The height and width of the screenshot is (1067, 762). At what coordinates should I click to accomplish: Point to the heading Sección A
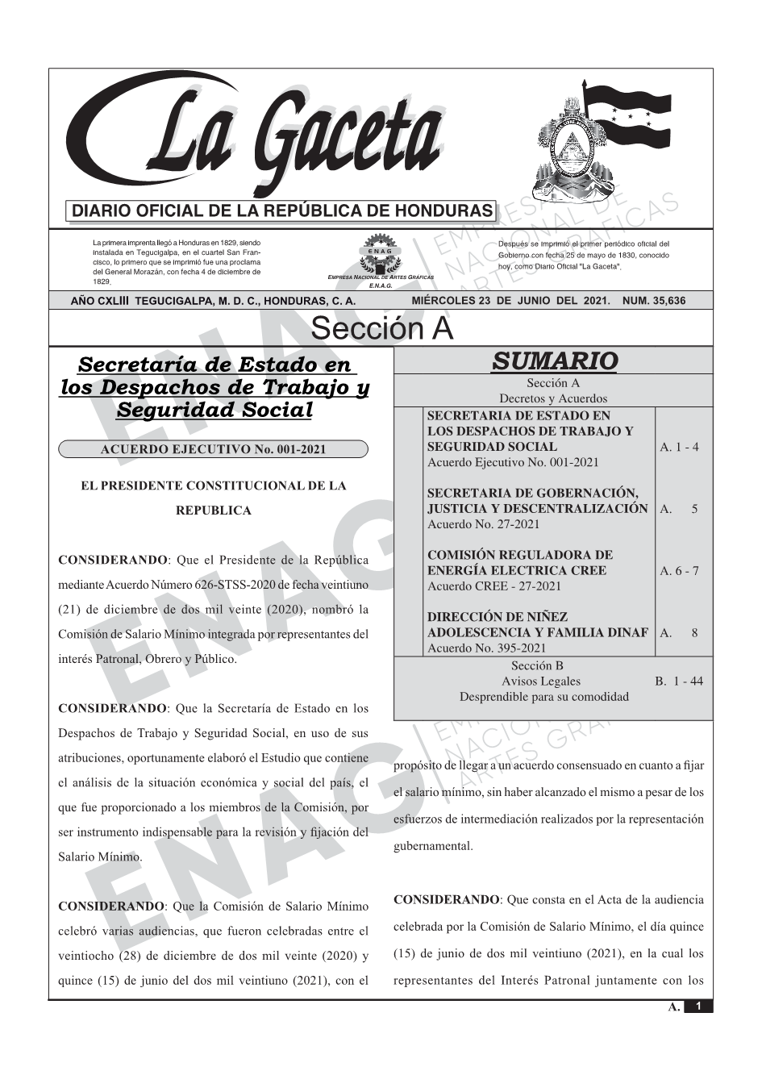(x=381, y=329)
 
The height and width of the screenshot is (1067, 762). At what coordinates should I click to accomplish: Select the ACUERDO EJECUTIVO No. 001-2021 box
(x=213, y=449)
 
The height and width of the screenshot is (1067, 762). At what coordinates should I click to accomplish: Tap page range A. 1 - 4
(x=679, y=447)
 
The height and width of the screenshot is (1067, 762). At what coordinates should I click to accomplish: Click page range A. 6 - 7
(x=679, y=571)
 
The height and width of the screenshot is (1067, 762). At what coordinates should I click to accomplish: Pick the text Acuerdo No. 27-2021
(x=483, y=524)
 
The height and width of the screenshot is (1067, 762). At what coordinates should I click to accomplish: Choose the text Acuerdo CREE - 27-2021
(x=493, y=586)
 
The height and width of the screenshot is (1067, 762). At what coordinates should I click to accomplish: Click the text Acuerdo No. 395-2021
(x=486, y=648)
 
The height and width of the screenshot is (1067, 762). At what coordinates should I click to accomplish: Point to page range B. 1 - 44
(x=678, y=681)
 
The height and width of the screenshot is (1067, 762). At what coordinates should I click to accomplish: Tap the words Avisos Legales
(x=541, y=681)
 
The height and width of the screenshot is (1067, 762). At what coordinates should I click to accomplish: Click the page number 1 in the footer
(x=699, y=1007)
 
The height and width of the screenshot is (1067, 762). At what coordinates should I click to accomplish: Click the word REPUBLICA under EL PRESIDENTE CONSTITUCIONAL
(x=213, y=511)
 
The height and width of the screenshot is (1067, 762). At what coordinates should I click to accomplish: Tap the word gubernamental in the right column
(x=433, y=847)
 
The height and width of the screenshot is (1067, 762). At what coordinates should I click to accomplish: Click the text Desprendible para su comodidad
(x=543, y=697)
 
